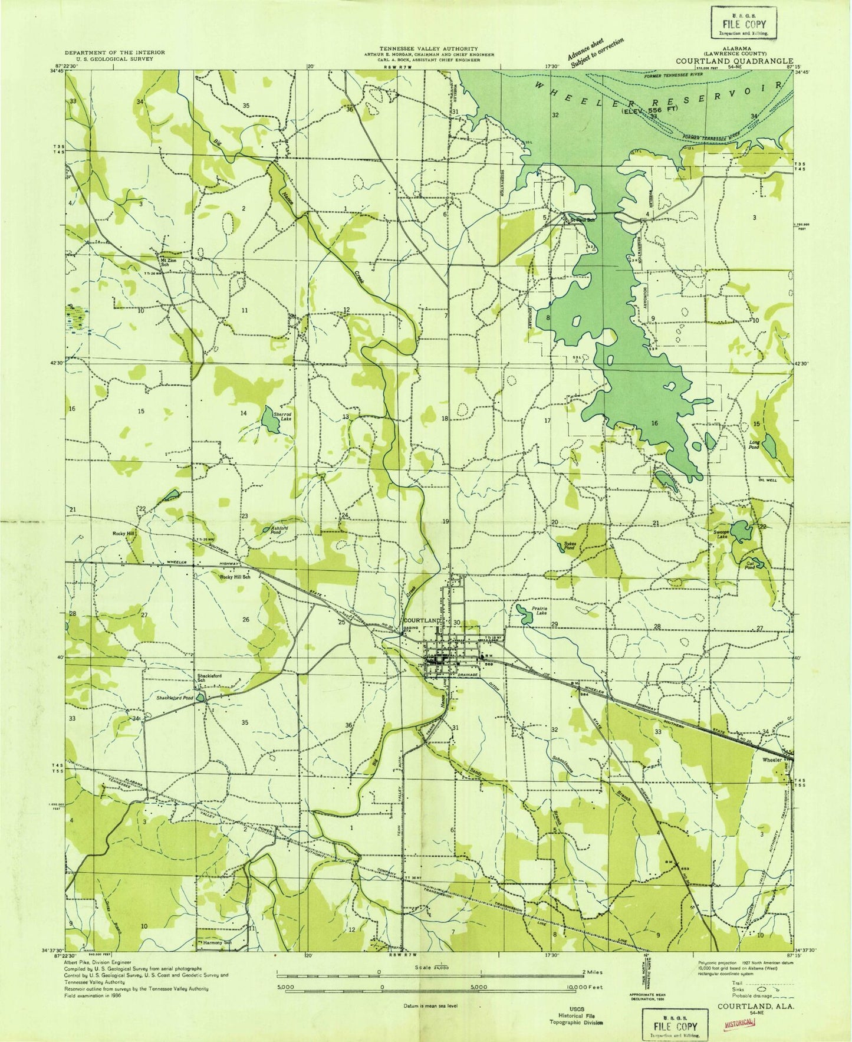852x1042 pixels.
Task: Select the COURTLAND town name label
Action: [x=422, y=621]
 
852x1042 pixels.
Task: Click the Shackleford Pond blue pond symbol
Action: [x=201, y=698]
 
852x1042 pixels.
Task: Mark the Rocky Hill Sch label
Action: [x=235, y=577]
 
